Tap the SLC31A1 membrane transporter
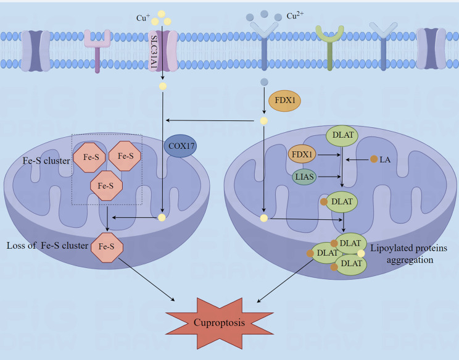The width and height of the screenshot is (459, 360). point(162,50)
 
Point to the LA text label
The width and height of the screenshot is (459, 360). point(386,159)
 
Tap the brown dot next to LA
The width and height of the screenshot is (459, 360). point(373,159)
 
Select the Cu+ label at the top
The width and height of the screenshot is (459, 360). point(143,18)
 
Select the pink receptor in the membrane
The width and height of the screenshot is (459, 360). point(97,49)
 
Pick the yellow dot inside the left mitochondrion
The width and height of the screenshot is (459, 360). point(162,217)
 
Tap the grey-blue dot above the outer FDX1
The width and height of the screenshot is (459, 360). point(263,82)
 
